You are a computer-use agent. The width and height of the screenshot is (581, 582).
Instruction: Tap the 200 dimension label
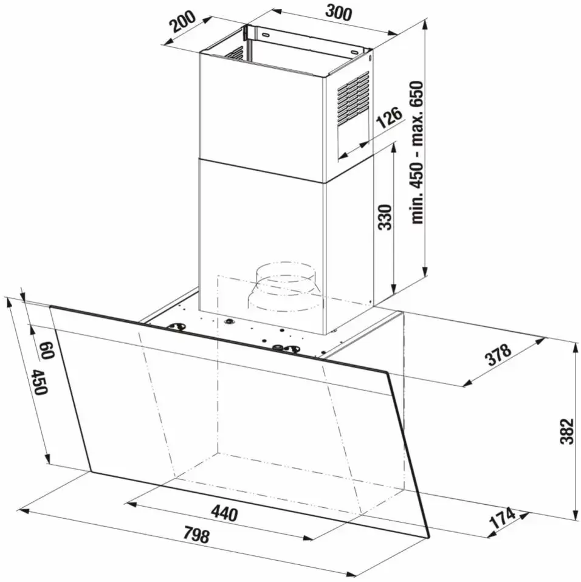[x=182, y=22]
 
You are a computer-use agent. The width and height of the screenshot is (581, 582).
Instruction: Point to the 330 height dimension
[x=385, y=217]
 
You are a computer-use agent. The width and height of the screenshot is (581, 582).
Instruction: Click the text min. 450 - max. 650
[x=418, y=152]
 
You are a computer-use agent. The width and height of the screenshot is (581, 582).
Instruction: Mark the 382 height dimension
[x=566, y=431]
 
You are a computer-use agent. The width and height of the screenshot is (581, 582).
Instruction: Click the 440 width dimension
[x=224, y=514]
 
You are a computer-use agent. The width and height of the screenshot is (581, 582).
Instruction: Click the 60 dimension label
[x=47, y=351]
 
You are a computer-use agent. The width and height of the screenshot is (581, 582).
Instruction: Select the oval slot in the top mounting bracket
[x=266, y=36]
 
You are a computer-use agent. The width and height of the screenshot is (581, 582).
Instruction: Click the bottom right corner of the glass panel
[x=429, y=538]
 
